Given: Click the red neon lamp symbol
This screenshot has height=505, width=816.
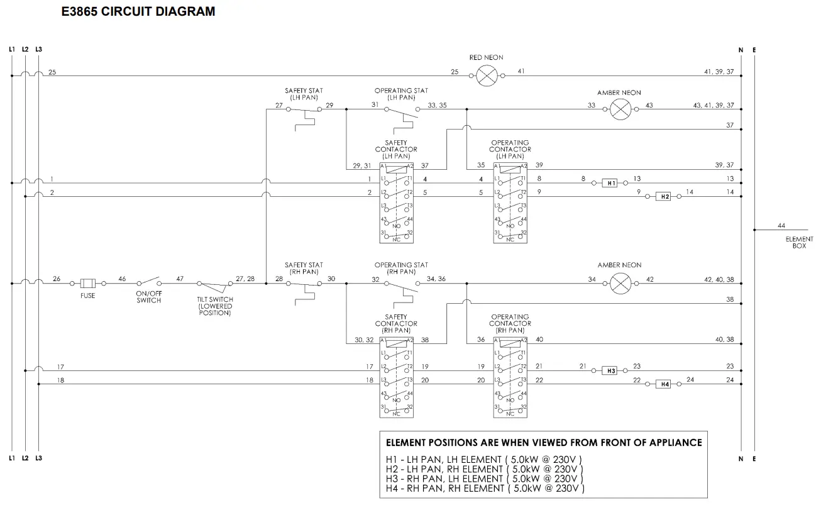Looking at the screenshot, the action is [x=487, y=76].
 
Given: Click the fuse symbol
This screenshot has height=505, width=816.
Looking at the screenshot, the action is [x=88, y=283].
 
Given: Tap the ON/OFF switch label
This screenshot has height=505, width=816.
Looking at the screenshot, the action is [x=148, y=297].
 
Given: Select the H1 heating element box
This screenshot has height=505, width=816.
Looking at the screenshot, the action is [x=610, y=183].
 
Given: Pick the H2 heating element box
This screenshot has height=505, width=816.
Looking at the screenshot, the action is [x=663, y=196].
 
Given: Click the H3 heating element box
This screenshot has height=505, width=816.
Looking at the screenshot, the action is [x=610, y=370].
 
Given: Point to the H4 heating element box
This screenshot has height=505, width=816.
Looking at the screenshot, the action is [x=663, y=384].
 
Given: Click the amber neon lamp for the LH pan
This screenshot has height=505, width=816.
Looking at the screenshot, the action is [x=620, y=109].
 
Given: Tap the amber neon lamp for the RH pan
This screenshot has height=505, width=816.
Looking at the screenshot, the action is [x=620, y=283].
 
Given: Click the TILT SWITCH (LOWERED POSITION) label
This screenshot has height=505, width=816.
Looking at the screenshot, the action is [x=215, y=306].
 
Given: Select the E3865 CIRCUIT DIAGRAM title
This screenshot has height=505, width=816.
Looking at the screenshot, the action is [x=138, y=11].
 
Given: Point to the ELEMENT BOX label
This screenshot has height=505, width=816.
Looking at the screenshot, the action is [x=799, y=242].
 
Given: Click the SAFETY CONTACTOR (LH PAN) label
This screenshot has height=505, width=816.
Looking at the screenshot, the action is [x=396, y=150].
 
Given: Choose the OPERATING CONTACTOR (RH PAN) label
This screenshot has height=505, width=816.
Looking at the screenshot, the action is [x=510, y=323].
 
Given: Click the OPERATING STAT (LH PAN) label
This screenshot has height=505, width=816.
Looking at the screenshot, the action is [x=401, y=94].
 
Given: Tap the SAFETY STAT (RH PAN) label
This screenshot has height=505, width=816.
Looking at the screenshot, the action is [x=304, y=268].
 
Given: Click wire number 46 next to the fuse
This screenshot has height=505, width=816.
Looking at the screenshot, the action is [x=122, y=279].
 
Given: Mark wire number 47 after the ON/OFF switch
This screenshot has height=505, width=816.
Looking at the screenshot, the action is [x=180, y=279].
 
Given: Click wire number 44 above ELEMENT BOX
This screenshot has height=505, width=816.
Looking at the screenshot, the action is [x=781, y=226].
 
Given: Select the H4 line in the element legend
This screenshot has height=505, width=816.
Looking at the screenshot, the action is [x=485, y=488].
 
